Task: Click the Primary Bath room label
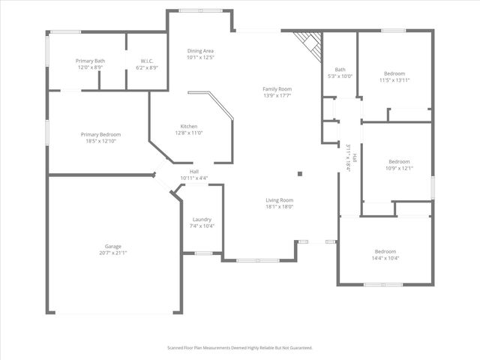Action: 89,60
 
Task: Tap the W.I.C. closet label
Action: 147,60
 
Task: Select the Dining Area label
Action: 201,50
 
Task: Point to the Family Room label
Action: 277,88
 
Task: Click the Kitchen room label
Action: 189,126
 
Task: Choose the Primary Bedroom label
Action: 100,134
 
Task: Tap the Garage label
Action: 113,246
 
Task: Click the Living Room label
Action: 279,200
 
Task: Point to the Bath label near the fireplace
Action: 340,69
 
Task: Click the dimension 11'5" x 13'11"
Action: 396,79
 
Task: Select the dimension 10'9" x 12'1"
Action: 399,168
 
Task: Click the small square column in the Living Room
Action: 300,174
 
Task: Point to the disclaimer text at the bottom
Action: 239,348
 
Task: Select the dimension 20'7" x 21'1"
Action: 113,253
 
